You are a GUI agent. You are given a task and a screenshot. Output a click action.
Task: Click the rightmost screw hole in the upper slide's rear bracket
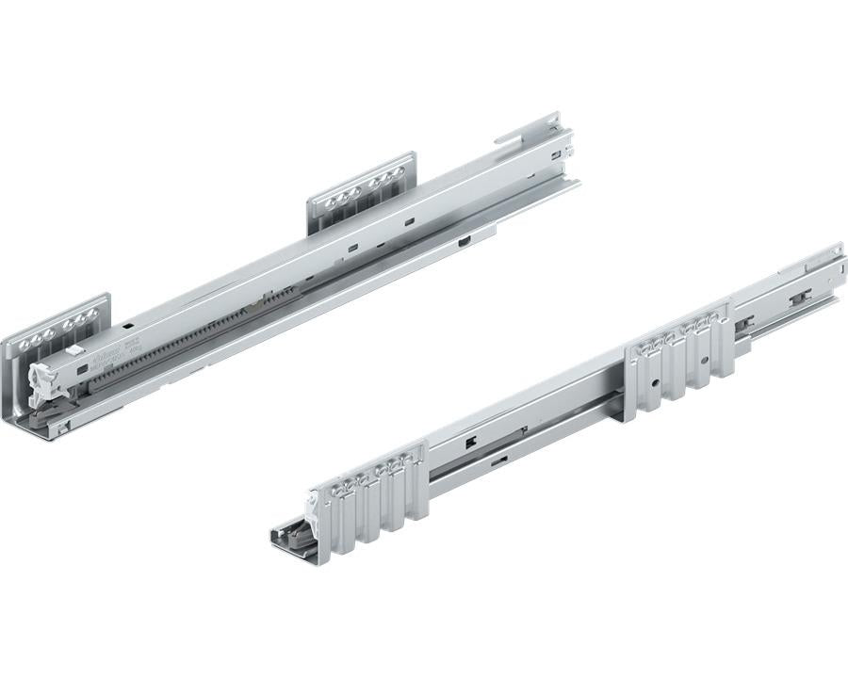399,172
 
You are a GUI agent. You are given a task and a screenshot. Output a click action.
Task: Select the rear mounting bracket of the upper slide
361,193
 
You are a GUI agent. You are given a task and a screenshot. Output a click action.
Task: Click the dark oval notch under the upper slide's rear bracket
465,242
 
